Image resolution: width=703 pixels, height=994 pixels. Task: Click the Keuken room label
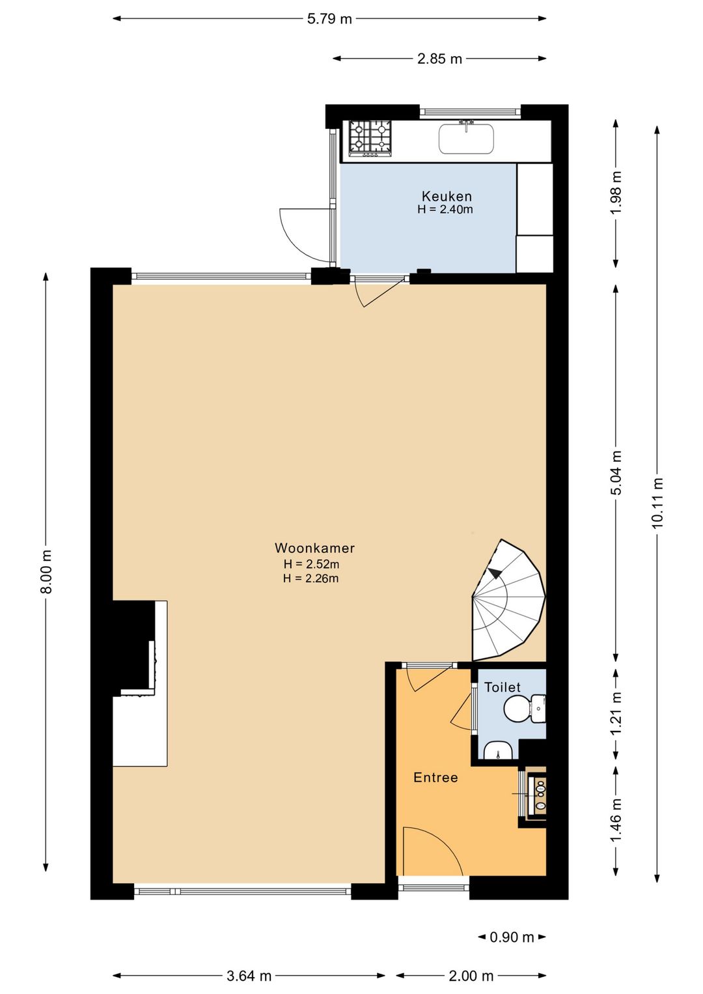coord(446,196)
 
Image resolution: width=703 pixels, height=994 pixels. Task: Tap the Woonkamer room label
coord(314,548)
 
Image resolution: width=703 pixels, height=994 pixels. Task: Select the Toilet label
coord(502,687)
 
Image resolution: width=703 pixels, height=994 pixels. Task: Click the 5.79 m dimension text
coord(329,19)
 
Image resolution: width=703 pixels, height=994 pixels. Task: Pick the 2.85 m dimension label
coord(439,59)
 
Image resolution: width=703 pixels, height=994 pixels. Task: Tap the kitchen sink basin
coord(466,139)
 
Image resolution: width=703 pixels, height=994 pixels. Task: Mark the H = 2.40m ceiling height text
coord(445,210)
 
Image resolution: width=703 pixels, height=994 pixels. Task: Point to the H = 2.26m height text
coord(311,578)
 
